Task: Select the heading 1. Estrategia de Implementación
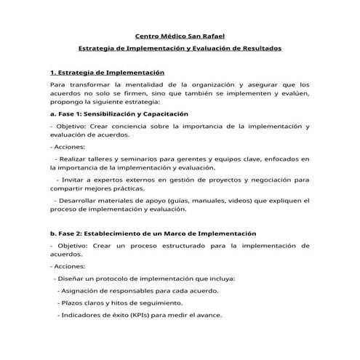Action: coord(108,73)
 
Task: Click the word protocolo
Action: coord(111,279)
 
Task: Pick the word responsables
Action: coord(124,290)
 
